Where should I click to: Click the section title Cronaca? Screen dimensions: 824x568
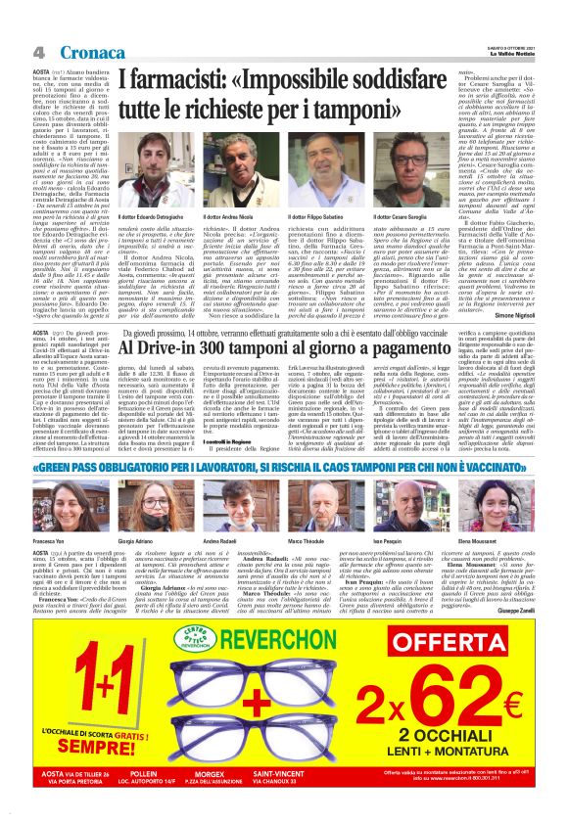(x=91, y=50)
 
